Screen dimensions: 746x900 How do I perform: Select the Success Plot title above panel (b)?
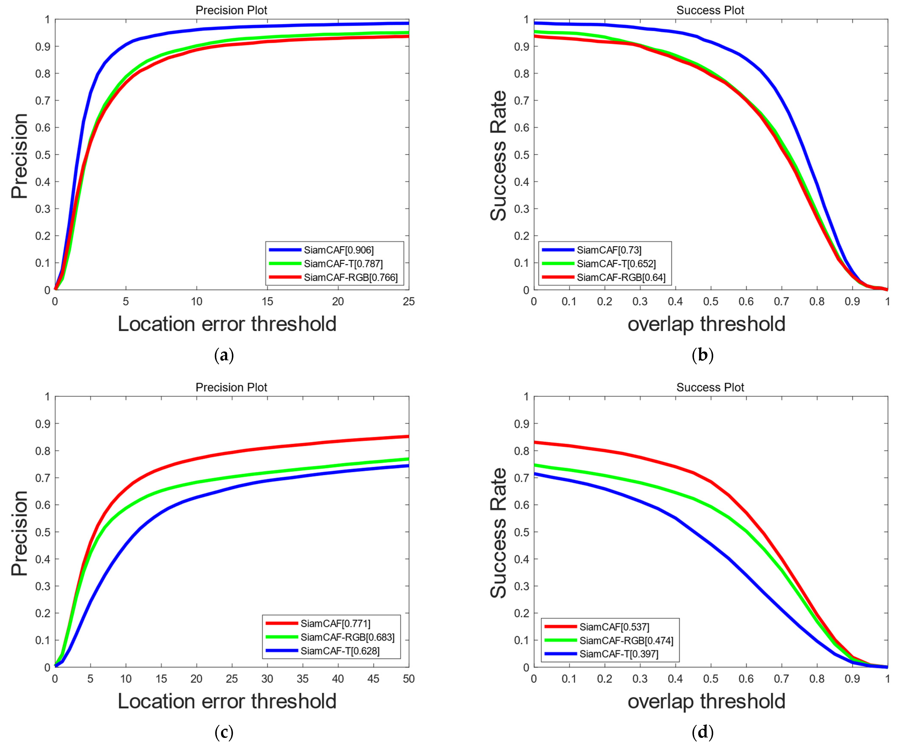pos(710,10)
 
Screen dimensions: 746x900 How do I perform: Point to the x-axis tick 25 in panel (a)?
pos(408,302)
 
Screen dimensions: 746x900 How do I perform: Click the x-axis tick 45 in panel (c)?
pos(373,679)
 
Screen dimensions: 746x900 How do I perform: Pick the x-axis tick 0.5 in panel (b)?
pos(711,302)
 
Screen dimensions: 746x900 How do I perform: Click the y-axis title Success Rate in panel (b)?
pos(498,155)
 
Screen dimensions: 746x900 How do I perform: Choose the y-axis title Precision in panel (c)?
pos(19,533)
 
